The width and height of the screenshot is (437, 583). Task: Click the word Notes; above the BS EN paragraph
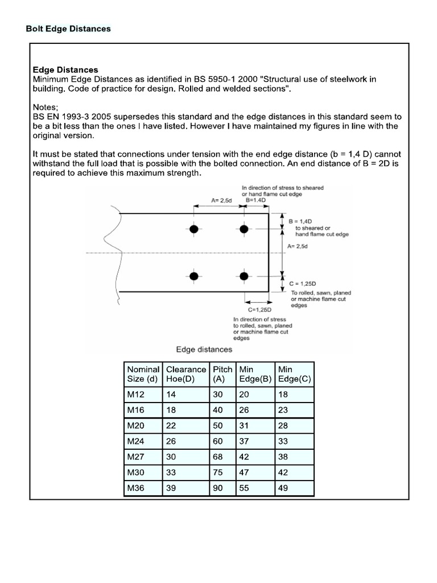47,106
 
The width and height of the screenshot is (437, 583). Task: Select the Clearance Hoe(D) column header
186,373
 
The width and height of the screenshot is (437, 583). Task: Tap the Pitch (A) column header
223,373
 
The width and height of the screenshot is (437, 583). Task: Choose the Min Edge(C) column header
294,373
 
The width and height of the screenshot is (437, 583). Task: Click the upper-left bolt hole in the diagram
194,229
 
